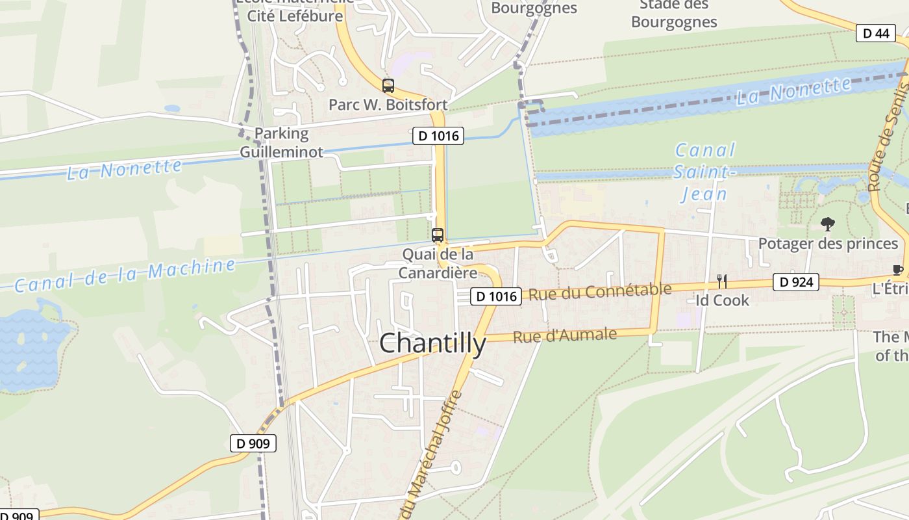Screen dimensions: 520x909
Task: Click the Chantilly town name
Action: [x=432, y=343]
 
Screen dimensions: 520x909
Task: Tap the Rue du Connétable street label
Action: [x=599, y=292]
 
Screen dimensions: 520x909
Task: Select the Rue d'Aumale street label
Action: [x=564, y=336]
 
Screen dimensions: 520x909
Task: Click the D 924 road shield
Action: [x=795, y=282]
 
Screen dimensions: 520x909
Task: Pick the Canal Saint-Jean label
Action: [x=704, y=172]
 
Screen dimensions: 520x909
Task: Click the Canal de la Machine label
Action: [x=125, y=276]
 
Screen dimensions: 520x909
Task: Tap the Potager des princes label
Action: [x=828, y=244]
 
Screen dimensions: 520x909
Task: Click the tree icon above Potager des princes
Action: [x=827, y=225]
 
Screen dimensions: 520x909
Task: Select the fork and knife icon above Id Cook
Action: [x=721, y=281]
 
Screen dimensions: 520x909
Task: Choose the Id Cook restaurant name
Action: [x=722, y=300]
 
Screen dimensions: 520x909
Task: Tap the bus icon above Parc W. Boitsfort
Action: [x=388, y=86]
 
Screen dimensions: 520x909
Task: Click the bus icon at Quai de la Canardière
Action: [x=438, y=235]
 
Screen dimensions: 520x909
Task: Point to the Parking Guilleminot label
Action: [x=282, y=142]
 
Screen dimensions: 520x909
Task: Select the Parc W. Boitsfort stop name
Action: [x=388, y=105]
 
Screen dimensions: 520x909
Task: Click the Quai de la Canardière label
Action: [x=438, y=263]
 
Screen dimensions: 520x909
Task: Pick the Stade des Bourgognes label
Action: [x=674, y=14]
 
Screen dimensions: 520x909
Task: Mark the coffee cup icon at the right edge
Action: [x=899, y=270]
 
